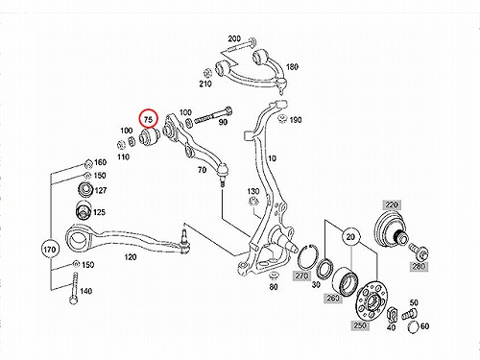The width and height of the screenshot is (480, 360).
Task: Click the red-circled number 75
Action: (148, 119)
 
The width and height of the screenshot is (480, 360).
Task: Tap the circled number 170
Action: (50, 250)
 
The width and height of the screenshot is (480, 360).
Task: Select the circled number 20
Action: (350, 237)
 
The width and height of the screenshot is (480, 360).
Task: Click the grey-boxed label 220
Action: (392, 204)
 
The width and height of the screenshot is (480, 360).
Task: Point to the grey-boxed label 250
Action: (360, 325)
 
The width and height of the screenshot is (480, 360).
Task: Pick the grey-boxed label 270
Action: (301, 276)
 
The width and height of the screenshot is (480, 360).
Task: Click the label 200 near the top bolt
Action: (234, 38)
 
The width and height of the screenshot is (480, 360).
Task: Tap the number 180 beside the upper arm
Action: (292, 67)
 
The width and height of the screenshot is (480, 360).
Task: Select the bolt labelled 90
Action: (213, 117)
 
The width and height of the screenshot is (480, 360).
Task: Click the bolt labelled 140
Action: (74, 288)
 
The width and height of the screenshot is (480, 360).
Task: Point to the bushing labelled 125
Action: (83, 211)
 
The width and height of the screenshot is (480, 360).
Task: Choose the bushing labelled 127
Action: (85, 189)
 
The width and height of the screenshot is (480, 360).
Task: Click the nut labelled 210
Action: (206, 72)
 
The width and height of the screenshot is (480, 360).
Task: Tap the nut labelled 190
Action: (282, 118)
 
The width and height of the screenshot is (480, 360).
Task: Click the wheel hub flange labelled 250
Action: (372, 301)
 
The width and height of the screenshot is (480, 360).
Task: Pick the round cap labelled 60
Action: (414, 326)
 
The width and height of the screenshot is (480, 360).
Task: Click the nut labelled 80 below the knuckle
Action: (274, 276)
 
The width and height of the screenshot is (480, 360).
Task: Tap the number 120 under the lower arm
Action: (130, 257)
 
